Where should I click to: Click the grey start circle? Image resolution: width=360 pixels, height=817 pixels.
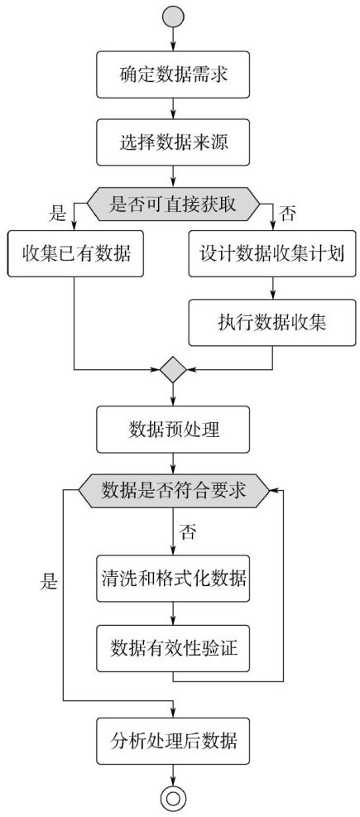[x=173, y=16]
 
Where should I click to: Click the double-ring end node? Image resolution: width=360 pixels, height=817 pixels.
[x=173, y=798]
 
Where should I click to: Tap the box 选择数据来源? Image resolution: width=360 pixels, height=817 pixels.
[x=173, y=143]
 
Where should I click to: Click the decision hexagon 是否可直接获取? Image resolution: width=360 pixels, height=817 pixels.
[x=173, y=204]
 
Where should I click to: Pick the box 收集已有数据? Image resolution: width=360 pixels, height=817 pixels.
[x=75, y=254]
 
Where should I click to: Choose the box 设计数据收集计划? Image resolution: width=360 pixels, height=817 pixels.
[x=272, y=254]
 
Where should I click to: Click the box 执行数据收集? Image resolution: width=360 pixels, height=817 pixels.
[x=272, y=323]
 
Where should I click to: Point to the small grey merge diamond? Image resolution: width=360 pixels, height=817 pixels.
[x=173, y=370]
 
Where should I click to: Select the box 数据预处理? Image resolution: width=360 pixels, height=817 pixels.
[x=173, y=430]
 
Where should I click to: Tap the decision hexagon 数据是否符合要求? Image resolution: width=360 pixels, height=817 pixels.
[x=173, y=491]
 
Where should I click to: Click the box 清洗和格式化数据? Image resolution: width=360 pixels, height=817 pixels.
[x=173, y=579]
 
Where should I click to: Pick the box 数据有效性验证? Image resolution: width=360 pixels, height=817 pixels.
[x=173, y=649]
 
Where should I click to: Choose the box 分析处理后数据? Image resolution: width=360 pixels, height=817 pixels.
[x=173, y=740]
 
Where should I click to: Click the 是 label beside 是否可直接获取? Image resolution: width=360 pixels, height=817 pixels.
[x=57, y=213]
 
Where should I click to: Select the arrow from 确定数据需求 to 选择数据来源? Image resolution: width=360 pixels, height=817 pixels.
[x=173, y=109]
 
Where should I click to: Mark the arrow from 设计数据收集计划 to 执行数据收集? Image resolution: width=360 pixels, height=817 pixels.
[x=272, y=289]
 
